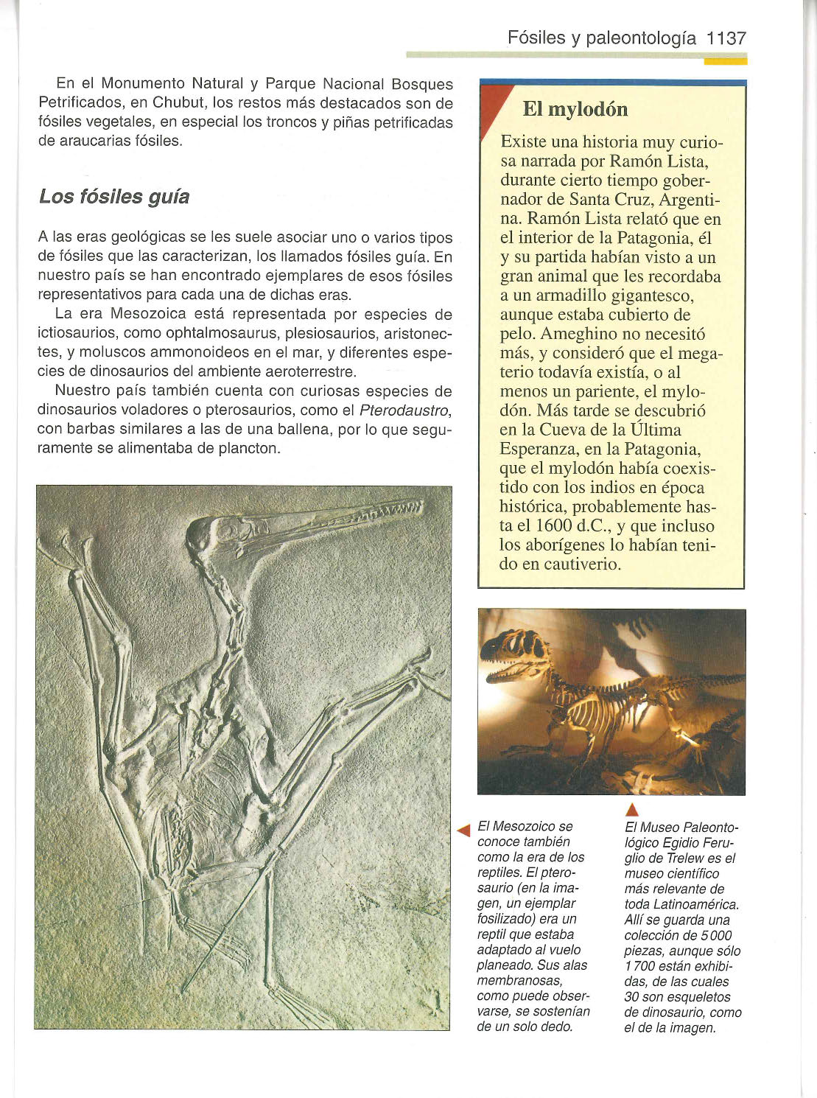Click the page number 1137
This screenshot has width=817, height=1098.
(x=726, y=38)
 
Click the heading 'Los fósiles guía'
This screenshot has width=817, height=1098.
(x=114, y=197)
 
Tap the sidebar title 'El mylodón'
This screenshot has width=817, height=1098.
(x=575, y=110)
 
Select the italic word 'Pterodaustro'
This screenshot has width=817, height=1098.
(x=404, y=410)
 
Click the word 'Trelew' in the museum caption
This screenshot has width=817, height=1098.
(x=685, y=858)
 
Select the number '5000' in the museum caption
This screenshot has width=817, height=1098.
(x=713, y=935)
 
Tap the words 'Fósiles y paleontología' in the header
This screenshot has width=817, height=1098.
(x=603, y=38)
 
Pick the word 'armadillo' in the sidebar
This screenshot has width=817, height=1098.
(x=570, y=296)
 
